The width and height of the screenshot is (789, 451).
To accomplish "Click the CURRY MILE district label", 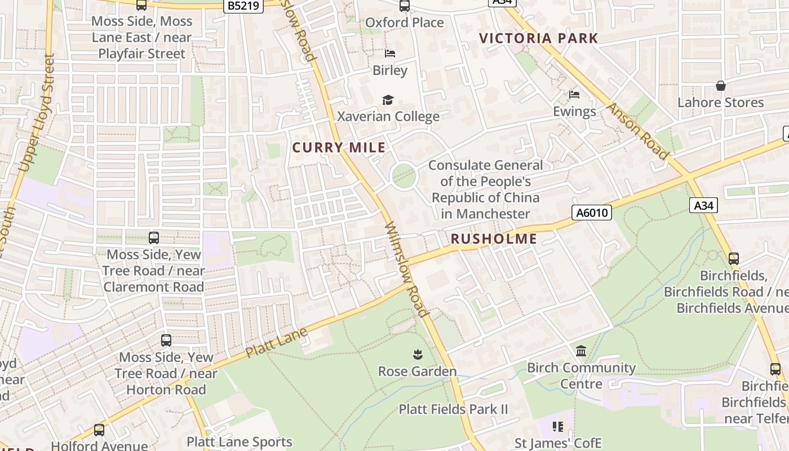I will tap(339, 148).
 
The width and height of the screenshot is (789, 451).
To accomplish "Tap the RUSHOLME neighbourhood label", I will tap(494, 238).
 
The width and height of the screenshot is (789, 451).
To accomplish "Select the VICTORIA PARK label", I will tap(538, 38).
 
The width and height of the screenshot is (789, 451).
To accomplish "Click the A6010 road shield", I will tap(591, 213).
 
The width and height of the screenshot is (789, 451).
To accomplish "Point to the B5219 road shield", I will tap(243, 6).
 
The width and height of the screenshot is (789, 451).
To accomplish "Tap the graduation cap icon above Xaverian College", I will tap(388, 100).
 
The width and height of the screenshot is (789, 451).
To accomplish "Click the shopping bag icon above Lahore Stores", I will tap(720, 86).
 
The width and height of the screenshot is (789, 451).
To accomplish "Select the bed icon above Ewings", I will tap(574, 94).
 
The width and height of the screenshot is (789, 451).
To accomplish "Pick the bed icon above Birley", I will tap(390, 54).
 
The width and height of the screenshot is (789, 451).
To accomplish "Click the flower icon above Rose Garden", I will tap(418, 355).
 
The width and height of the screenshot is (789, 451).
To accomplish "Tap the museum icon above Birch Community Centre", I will tap(581, 351).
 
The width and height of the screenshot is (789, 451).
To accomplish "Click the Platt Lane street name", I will tap(277, 342).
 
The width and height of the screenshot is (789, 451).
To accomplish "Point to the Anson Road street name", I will tap(638, 130).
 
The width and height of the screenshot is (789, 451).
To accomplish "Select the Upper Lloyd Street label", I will tap(37, 113).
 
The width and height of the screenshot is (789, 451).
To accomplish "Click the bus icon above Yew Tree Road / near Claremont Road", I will tap(154, 237).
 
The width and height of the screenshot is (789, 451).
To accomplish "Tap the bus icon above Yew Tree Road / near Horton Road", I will tap(166, 340).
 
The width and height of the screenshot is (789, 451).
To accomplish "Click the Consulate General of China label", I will tap(485, 189).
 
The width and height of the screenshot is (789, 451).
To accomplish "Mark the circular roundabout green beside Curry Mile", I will tap(404, 176).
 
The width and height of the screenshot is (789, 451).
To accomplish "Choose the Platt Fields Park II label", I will tap(453, 409).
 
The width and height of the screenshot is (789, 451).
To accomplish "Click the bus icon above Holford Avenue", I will tap(99, 430).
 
